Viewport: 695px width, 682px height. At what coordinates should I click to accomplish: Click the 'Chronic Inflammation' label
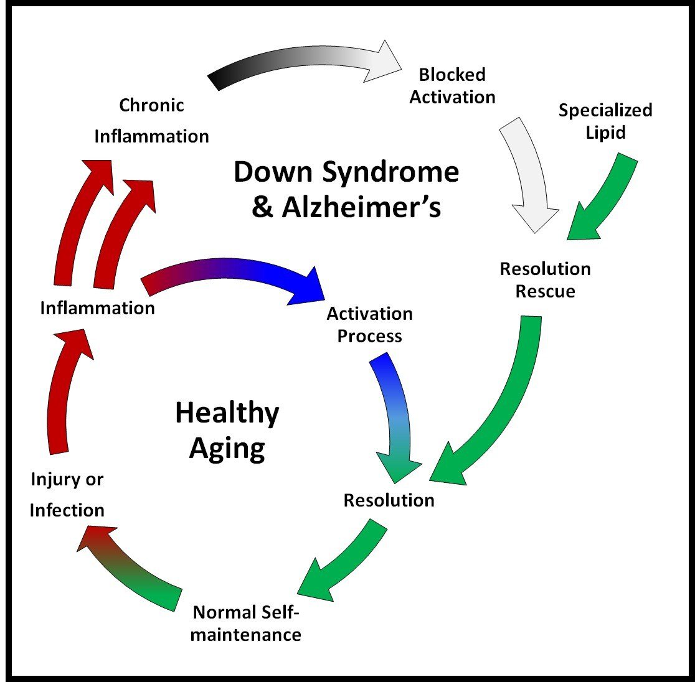pyautogui.click(x=152, y=121)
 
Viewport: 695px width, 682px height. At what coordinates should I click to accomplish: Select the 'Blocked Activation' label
pyautogui.click(x=452, y=86)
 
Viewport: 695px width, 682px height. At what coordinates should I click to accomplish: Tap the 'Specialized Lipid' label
pyautogui.click(x=605, y=121)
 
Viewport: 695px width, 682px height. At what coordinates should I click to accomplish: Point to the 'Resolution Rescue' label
pyautogui.click(x=546, y=280)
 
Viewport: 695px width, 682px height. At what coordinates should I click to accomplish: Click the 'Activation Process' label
pyautogui.click(x=369, y=325)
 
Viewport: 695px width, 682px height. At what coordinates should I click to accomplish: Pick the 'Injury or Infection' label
pyautogui.click(x=67, y=495)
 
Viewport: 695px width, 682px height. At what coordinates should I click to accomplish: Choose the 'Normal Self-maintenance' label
pyautogui.click(x=247, y=624)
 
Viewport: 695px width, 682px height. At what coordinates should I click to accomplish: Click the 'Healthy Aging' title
pyautogui.click(x=227, y=430)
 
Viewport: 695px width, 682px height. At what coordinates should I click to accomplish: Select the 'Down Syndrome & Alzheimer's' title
pyautogui.click(x=346, y=189)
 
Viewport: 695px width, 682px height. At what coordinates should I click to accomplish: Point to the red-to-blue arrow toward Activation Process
pyautogui.click(x=237, y=274)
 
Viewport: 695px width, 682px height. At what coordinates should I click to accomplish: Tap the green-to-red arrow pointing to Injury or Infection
pyautogui.click(x=134, y=563)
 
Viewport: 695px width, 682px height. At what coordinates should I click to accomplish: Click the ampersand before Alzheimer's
pyautogui.click(x=263, y=207)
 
